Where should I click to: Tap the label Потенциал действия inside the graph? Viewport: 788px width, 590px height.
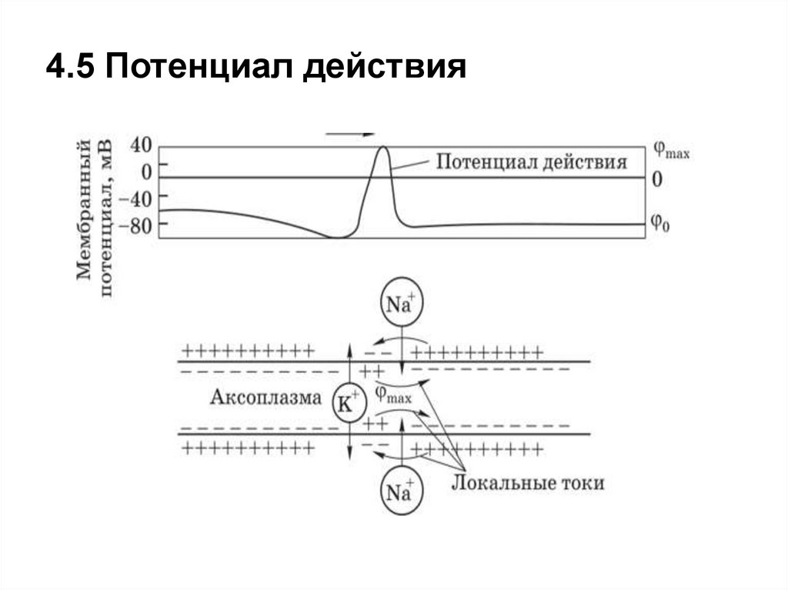coord(532,162)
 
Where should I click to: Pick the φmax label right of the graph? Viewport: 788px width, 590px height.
coord(670,150)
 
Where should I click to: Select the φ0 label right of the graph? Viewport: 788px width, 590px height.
coord(659,222)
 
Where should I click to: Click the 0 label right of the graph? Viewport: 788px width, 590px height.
coord(656,179)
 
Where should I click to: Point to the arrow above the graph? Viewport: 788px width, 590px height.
coord(350,134)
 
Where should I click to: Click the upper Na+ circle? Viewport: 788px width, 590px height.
coord(400,304)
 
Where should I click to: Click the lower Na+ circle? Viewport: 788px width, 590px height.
coord(400,493)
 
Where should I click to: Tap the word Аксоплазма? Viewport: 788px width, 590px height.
coord(264,398)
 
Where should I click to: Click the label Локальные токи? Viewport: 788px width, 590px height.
coord(526,482)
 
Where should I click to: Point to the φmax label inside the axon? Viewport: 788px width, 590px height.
coord(392,394)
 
